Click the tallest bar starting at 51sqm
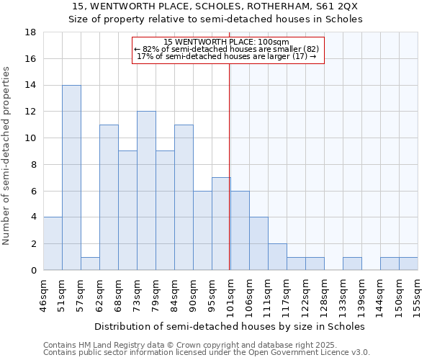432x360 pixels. point(71,178)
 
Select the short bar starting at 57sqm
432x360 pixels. point(90,264)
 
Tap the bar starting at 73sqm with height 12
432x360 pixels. point(146,191)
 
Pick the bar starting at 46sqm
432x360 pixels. point(53,243)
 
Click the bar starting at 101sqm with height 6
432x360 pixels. point(240,230)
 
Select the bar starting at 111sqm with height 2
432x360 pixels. point(277,257)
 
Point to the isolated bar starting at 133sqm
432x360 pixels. point(352,264)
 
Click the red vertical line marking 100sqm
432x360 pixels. point(229,166)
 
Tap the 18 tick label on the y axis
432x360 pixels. point(32,32)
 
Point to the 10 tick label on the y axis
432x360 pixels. point(32,138)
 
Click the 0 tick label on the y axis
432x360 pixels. point(34,270)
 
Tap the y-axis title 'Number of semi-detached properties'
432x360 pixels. point(7,155)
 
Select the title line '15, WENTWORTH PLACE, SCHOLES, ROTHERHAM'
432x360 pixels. point(215,6)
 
